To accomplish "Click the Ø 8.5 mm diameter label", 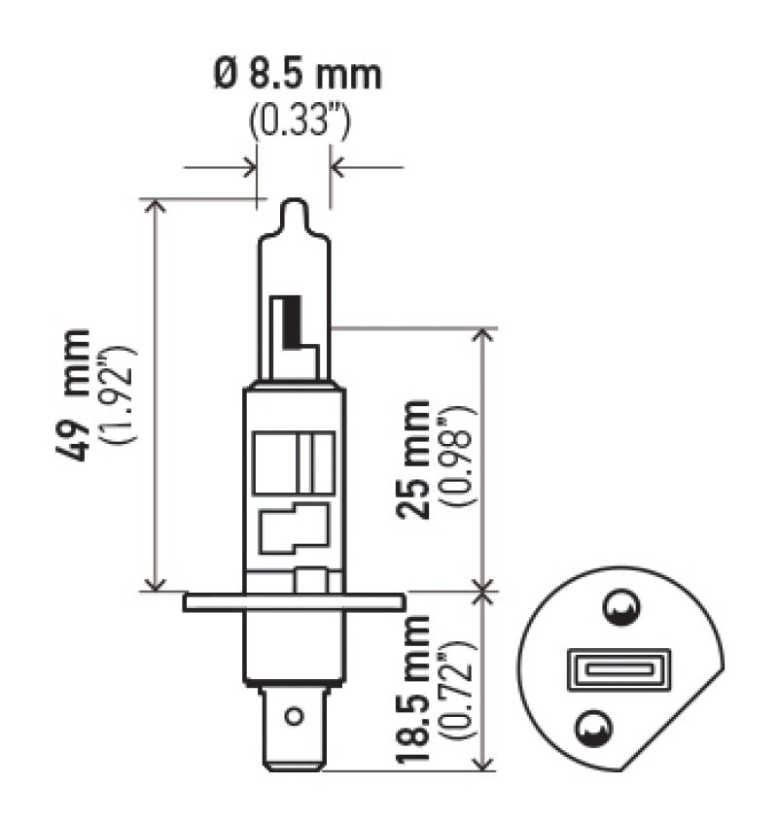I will pyautogui.click(x=298, y=75).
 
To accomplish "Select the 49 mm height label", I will pyautogui.click(x=79, y=394).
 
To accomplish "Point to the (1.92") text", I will pyautogui.click(x=124, y=394).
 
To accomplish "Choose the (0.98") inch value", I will pyautogui.click(x=458, y=460).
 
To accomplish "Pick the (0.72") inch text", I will pyautogui.click(x=458, y=691).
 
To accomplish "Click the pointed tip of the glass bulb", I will pyautogui.click(x=293, y=206).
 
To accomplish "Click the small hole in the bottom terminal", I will pyautogui.click(x=293, y=717).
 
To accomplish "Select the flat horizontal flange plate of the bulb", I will pyautogui.click(x=293, y=602).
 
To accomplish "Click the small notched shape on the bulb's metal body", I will pyautogui.click(x=292, y=529).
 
